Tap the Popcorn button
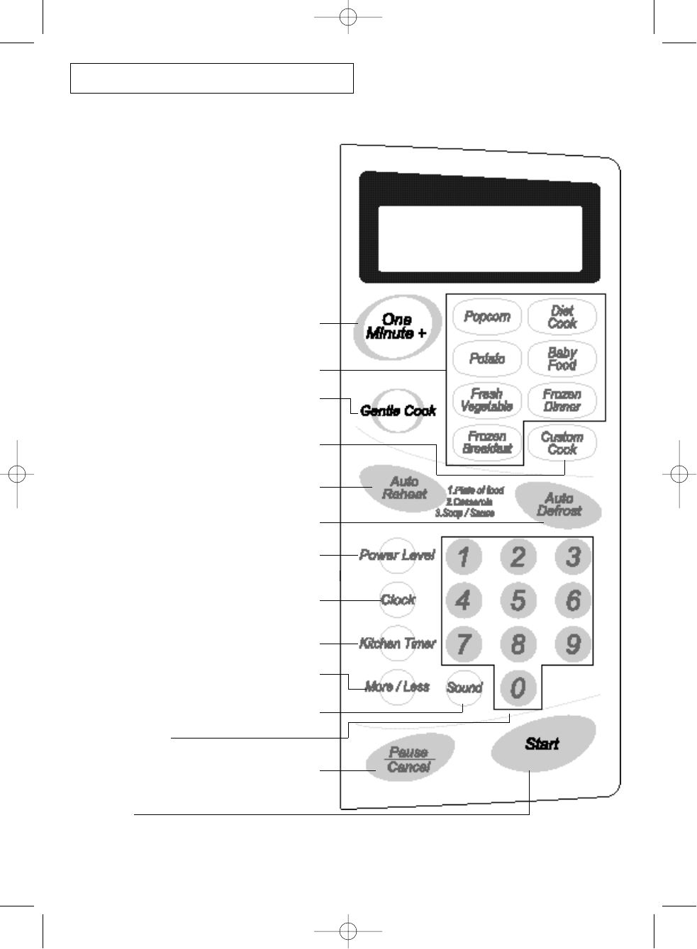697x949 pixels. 487,316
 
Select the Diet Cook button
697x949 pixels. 562,317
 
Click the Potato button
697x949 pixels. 487,359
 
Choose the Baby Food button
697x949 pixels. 562,359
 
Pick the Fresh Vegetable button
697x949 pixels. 487,400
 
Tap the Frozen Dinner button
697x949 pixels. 562,400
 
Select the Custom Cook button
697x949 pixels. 562,443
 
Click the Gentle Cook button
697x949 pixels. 398,410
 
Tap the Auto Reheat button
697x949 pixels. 404,488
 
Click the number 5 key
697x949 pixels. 518,600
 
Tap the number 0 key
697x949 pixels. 518,687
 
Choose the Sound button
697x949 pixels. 464,687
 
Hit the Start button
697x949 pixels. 542,743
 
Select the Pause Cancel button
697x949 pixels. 409,760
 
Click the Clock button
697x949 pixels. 397,600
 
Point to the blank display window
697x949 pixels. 480,238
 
